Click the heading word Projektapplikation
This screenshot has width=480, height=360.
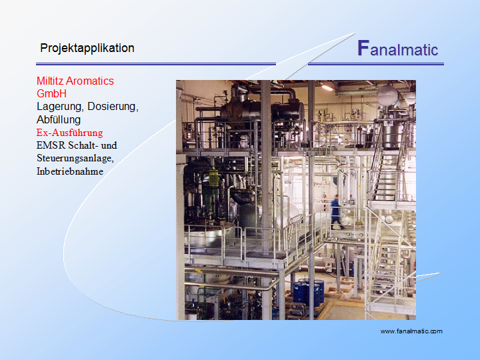coord(87,49)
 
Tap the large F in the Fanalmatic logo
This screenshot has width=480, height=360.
coord(363,48)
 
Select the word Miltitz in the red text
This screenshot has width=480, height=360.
coord(50,81)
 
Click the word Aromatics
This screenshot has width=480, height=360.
coord(90,81)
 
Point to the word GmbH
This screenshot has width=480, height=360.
coord(52,94)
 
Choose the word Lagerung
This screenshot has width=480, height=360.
coord(61,107)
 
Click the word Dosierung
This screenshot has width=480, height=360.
coord(113,107)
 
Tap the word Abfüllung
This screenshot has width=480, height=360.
coord(59,120)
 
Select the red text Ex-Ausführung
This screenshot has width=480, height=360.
coord(70,133)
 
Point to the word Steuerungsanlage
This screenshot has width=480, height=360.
coord(75,159)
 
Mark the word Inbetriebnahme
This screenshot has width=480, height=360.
coord(70,171)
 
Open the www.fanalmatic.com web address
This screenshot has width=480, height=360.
coord(411,331)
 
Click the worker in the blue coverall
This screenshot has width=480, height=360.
coord(335,212)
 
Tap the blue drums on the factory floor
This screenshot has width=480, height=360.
coord(308,293)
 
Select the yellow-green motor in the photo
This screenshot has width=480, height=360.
coord(213,179)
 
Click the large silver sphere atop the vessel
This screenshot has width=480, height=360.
coord(387,95)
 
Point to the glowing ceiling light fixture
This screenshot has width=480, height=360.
coord(327,88)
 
